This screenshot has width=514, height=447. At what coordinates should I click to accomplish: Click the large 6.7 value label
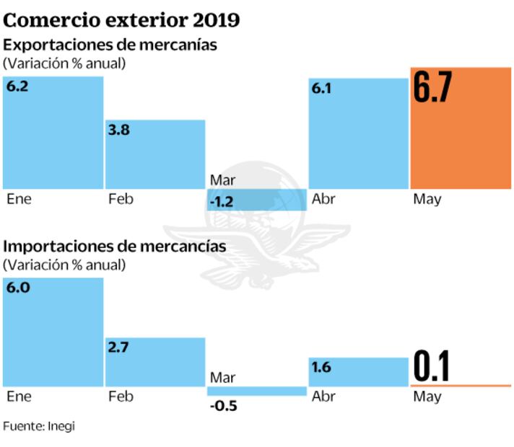pyautogui.click(x=433, y=89)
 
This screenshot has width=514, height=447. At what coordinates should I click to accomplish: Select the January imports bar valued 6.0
pyautogui.click(x=53, y=332)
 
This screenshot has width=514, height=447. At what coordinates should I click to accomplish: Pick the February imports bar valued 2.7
pyautogui.click(x=155, y=360)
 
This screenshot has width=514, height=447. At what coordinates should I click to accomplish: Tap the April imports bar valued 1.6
pyautogui.click(x=359, y=372)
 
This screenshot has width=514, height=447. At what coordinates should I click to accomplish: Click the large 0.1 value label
pyautogui.click(x=432, y=366)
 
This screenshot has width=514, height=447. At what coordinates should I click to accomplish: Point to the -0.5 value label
pyautogui.click(x=224, y=405)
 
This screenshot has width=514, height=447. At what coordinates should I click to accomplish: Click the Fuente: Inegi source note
pyautogui.click(x=39, y=426)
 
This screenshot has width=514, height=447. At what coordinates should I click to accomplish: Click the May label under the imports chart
pyautogui.click(x=427, y=397)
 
